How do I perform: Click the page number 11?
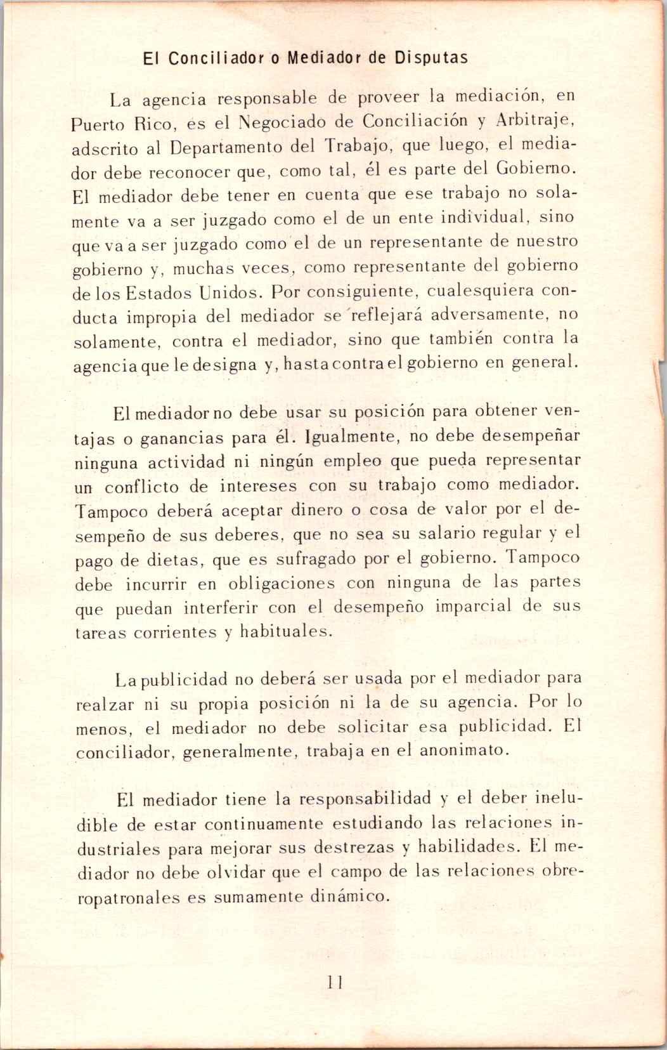click(x=334, y=982)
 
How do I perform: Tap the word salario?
click(x=439, y=534)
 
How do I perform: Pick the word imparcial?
click(x=473, y=606)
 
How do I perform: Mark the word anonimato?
click(x=463, y=750)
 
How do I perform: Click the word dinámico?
click(x=347, y=896)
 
